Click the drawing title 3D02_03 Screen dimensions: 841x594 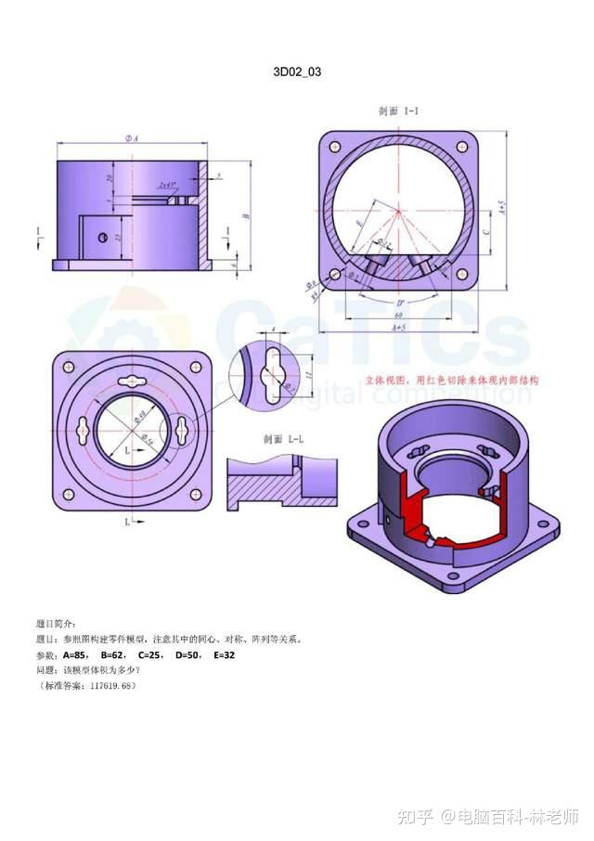(x=297, y=71)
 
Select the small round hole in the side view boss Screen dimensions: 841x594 (x=98, y=237)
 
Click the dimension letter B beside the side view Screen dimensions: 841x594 (x=247, y=215)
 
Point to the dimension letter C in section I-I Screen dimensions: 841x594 (x=488, y=224)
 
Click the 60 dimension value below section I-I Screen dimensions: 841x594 (x=397, y=316)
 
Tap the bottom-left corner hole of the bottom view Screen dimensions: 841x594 (x=67, y=494)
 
